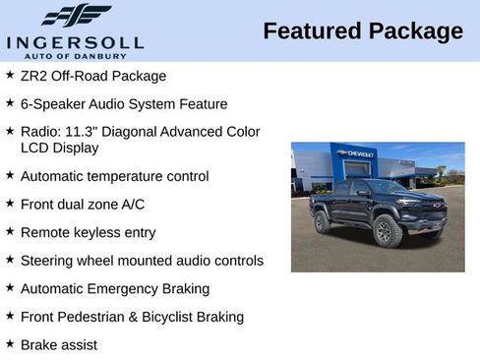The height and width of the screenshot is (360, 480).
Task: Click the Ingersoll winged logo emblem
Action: pos(76,16)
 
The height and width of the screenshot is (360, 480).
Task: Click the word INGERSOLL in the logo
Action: pos(75,42)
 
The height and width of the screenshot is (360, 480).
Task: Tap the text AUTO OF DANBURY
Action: pos(75,55)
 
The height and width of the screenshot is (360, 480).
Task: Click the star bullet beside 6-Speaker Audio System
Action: pos(10,103)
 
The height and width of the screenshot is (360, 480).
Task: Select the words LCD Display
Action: pos(59,148)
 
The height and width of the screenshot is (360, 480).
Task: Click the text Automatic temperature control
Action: pos(114,176)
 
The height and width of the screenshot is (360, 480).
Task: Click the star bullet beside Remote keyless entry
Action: pos(10,232)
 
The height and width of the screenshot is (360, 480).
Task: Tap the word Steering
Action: pos(49,261)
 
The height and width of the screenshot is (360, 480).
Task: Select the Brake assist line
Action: pos(59,345)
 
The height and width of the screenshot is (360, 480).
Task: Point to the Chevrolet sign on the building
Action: pos(354,154)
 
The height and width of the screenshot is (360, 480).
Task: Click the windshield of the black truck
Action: pos(387,187)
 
